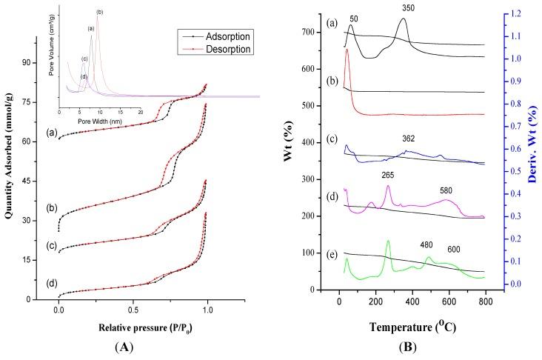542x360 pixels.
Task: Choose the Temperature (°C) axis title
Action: click(409, 324)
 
